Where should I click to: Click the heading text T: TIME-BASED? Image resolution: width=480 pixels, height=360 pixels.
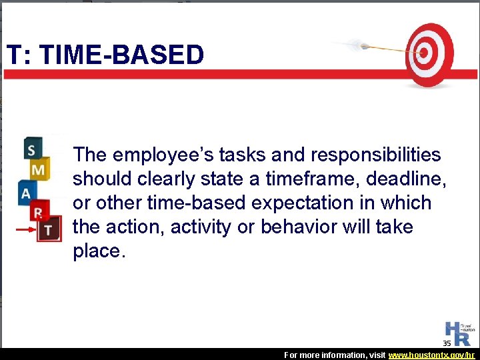click(105, 55)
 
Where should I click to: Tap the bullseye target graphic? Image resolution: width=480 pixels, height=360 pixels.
click(429, 55)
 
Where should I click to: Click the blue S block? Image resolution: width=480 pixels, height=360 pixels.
click(31, 149)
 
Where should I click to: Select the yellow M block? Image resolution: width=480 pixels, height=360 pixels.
click(39, 170)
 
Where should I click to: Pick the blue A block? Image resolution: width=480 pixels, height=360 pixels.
click(27, 193)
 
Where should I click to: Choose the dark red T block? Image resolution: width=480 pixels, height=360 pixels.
click(49, 229)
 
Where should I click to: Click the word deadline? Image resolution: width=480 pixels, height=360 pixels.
click(411, 179)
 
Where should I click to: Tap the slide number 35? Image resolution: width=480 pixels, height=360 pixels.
click(447, 343)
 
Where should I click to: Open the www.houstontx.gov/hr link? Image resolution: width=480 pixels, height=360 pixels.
click(431, 355)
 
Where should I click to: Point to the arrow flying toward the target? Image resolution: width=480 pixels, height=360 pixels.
click(373, 47)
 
